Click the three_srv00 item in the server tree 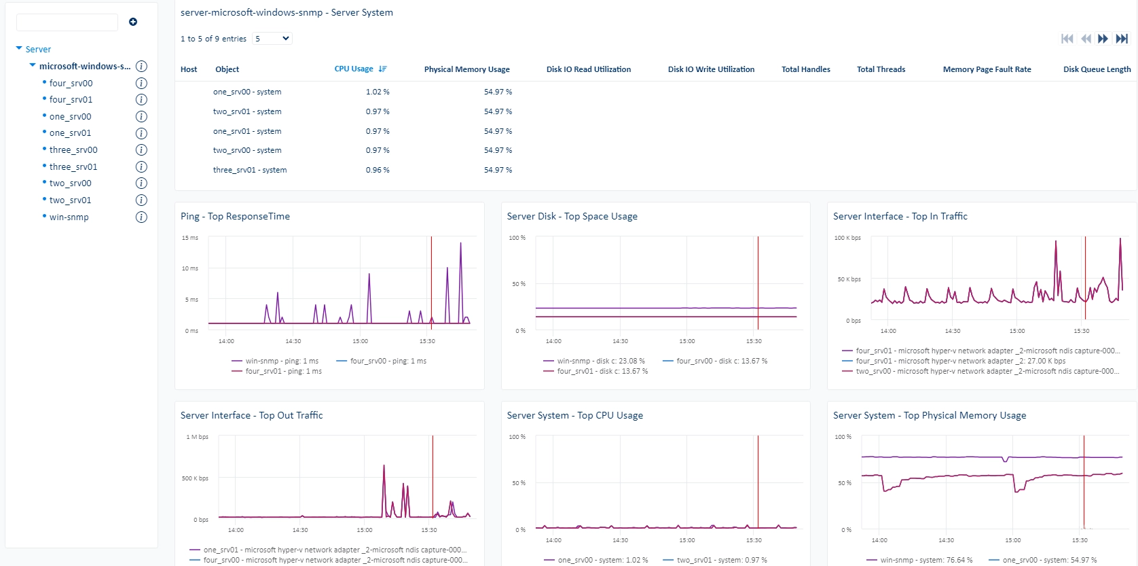[73, 150]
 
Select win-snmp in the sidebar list [69, 217]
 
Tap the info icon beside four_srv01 [141, 100]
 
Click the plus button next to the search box [133, 22]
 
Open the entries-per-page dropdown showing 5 [272, 39]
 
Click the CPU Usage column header [354, 69]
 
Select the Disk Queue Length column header [1097, 69]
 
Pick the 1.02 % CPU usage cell [378, 92]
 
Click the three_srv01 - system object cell [250, 170]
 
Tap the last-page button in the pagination [1122, 39]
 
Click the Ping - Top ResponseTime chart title [235, 216]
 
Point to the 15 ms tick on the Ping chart [190, 238]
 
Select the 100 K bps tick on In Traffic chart [847, 238]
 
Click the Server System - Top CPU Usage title [574, 415]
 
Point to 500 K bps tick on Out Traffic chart [195, 478]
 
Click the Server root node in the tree [38, 50]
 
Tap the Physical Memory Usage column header [467, 69]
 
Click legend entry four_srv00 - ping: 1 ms [382, 361]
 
